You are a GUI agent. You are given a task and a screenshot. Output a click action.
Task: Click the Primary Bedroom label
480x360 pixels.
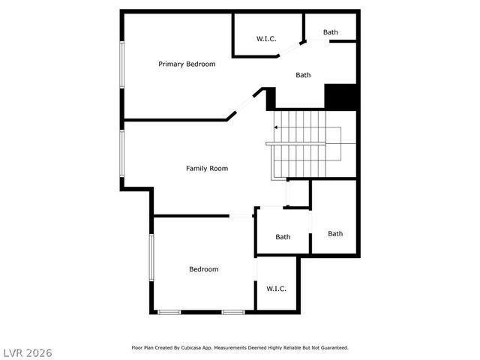click(187, 64)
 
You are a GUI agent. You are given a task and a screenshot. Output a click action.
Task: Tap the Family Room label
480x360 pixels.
click(207, 169)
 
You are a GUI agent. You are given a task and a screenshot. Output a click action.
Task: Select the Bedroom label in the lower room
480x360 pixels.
click(204, 269)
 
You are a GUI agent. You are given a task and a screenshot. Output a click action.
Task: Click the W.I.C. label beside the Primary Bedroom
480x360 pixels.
click(266, 38)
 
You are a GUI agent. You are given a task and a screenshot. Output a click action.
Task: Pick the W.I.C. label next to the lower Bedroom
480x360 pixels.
click(277, 289)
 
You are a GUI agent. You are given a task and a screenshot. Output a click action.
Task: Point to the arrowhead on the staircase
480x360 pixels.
click(275, 127)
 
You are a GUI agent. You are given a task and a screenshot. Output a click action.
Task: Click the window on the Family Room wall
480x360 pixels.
click(121, 154)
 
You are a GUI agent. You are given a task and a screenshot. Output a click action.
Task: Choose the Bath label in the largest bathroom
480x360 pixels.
click(303, 75)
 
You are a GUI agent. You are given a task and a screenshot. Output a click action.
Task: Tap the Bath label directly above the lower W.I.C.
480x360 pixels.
click(283, 237)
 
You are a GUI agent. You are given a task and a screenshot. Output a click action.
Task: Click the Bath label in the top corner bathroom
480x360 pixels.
click(331, 32)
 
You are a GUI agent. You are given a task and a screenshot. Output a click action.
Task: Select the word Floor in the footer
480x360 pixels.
click(137, 348)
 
